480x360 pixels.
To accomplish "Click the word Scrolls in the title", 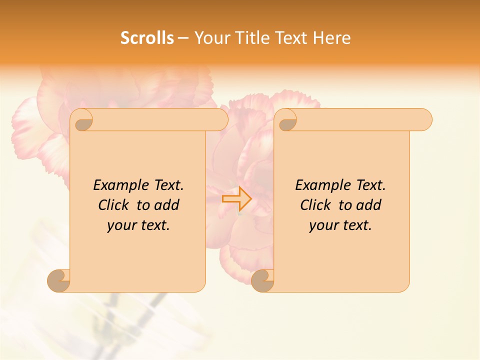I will pyautogui.click(x=147, y=38).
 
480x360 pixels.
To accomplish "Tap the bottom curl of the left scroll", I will pyautogui.click(x=58, y=280).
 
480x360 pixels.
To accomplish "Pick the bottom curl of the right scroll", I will pyautogui.click(x=262, y=280).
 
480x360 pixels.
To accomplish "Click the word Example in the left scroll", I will pyautogui.click(x=118, y=185).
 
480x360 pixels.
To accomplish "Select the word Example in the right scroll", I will pyautogui.click(x=320, y=185).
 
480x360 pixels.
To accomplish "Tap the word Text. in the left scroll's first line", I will pyautogui.click(x=166, y=185).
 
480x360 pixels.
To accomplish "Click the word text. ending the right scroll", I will pyautogui.click(x=356, y=225).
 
